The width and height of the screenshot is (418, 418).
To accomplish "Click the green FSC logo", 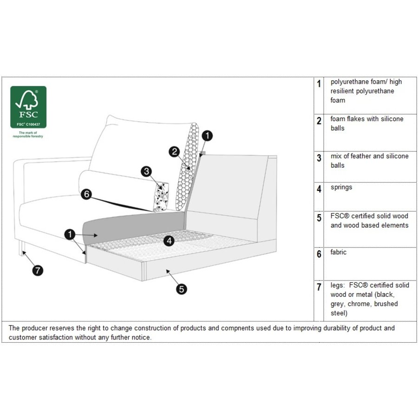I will pyautogui.click(x=28, y=107).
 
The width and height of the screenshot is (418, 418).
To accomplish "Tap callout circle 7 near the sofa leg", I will pyautogui.click(x=37, y=269).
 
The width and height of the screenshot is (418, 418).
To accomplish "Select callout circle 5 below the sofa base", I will pyautogui.click(x=182, y=289).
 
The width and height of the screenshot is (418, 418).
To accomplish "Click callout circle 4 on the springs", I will pyautogui.click(x=169, y=241).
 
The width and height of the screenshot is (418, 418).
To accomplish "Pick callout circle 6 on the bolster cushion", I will pyautogui.click(x=86, y=194).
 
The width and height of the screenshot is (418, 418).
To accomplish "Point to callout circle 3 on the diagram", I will pyautogui.click(x=147, y=171).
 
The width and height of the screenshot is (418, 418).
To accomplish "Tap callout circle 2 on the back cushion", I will pyautogui.click(x=174, y=151).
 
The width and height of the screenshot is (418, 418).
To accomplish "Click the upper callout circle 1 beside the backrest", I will pyautogui.click(x=208, y=136).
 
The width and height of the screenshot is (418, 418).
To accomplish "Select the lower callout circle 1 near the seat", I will pyautogui.click(x=70, y=235).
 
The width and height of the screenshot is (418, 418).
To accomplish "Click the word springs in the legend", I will pyautogui.click(x=341, y=188).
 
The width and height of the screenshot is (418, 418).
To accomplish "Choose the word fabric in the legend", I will pyautogui.click(x=339, y=253).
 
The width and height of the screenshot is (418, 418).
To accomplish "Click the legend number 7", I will pyautogui.click(x=319, y=287).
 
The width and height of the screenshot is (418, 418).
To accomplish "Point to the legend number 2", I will pyautogui.click(x=319, y=121).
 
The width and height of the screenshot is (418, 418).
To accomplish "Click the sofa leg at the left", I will pyautogui.click(x=21, y=249).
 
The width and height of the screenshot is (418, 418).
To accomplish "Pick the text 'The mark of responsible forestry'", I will pyautogui.click(x=28, y=135).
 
